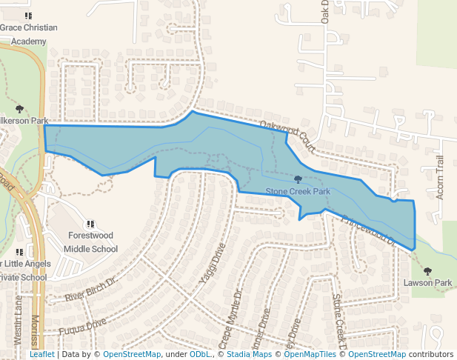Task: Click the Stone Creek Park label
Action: pyautogui.click(x=298, y=191)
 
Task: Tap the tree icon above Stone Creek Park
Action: pyautogui.click(x=298, y=179)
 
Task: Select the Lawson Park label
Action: pyautogui.click(x=427, y=283)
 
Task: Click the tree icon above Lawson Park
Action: pyautogui.click(x=427, y=271)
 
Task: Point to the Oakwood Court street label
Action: pyautogui.click(x=288, y=137)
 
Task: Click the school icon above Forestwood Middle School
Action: pyautogui.click(x=90, y=224)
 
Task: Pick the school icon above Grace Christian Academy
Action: pyautogui.click(x=28, y=16)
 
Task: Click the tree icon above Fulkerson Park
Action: pyautogui.click(x=19, y=110)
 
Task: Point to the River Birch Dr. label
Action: pyautogui.click(x=91, y=290)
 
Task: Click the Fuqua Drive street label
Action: pyautogui.click(x=83, y=324)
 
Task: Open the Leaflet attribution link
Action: pyautogui.click(x=41, y=354)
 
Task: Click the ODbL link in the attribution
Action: pyautogui.click(x=199, y=354)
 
